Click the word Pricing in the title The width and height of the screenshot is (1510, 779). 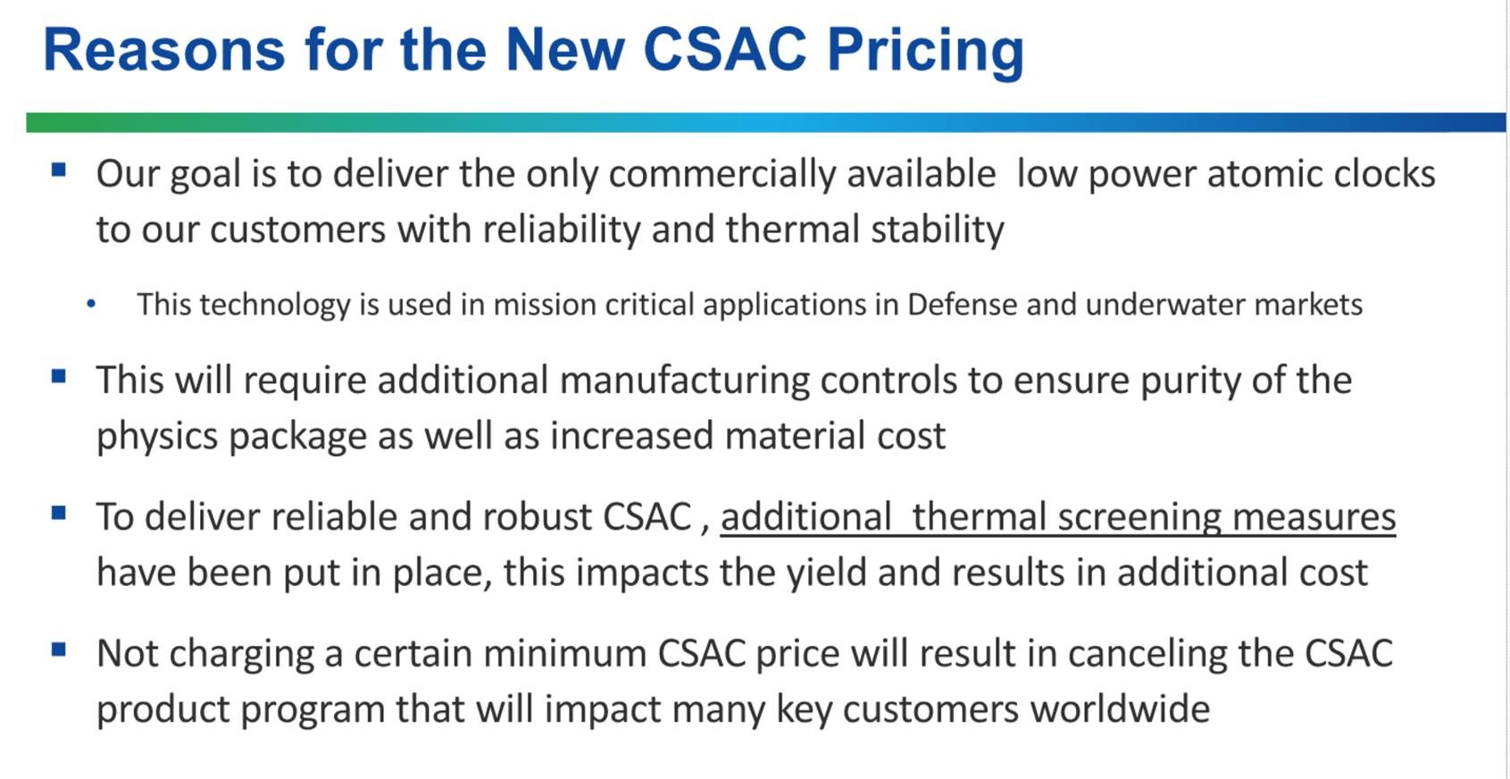point(925,51)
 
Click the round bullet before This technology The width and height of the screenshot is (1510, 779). point(91,306)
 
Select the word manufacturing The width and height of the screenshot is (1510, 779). point(684,381)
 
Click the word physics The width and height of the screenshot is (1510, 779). point(157,437)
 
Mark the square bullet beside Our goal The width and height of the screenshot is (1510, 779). point(59,169)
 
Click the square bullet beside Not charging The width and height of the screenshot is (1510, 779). point(59,649)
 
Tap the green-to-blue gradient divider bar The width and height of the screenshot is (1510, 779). point(766,122)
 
